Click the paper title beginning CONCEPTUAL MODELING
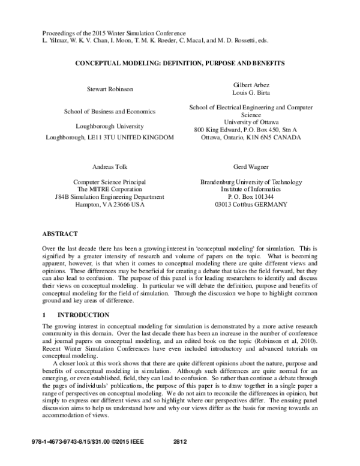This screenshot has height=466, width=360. click(x=179, y=62)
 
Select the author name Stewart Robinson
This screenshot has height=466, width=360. click(x=109, y=89)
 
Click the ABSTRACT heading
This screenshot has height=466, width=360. click(x=60, y=232)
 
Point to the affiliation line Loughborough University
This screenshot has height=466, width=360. click(x=109, y=126)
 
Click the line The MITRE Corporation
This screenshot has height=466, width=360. click(x=109, y=189)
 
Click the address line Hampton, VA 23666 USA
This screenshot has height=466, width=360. click(x=109, y=204)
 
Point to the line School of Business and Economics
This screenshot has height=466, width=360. click(x=109, y=111)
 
